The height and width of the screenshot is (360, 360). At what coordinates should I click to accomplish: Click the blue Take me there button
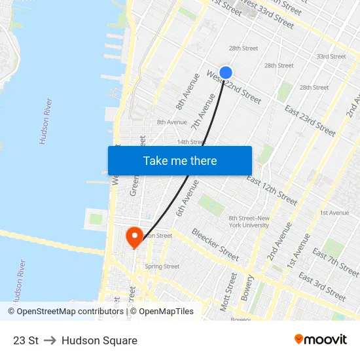click(x=180, y=160)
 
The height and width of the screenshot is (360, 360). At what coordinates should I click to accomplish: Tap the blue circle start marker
click(x=226, y=73)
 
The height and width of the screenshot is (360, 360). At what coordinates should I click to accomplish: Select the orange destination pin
click(x=134, y=238)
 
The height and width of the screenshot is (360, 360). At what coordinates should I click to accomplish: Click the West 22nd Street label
click(x=234, y=87)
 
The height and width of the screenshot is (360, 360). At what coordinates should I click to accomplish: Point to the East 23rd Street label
click(x=310, y=120)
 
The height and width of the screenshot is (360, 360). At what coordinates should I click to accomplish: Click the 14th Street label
click(x=191, y=141)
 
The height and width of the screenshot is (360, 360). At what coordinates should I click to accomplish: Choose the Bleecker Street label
click(x=215, y=243)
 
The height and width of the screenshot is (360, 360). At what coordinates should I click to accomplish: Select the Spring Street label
click(x=162, y=266)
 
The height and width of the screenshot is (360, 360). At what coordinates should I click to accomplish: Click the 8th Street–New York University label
click(x=249, y=221)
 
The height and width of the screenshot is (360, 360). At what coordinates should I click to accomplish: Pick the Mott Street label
click(x=230, y=291)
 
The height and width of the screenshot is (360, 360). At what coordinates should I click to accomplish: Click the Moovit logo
click(x=321, y=339)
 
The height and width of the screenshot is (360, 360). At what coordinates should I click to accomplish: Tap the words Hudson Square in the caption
click(x=99, y=340)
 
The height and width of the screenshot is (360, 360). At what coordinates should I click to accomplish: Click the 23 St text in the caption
click(x=26, y=340)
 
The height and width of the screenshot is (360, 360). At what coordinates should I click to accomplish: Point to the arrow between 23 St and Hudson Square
click(x=50, y=340)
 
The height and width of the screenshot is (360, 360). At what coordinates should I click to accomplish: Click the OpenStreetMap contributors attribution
click(x=67, y=312)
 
